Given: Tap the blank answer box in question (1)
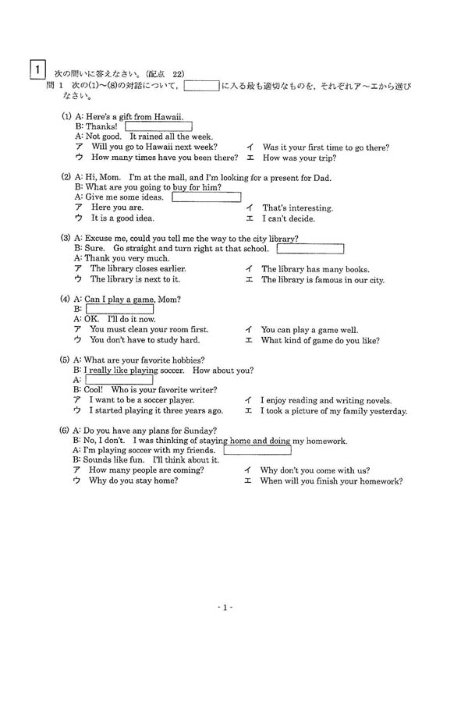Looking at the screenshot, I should point(158,126).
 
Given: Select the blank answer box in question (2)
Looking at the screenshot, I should point(206,197).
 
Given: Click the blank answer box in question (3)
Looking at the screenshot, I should point(310,249).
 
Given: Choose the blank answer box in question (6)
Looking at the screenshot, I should point(257,450).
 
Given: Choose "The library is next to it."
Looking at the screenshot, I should point(134,278).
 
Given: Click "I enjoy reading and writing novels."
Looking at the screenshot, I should point(325,400).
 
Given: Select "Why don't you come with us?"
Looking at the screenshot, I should point(314,470).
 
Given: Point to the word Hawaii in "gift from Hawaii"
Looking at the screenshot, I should point(167,117).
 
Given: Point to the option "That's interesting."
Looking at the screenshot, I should point(297,208).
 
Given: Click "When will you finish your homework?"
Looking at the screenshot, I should point(331,481).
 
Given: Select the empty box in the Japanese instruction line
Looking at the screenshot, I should point(201,86).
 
